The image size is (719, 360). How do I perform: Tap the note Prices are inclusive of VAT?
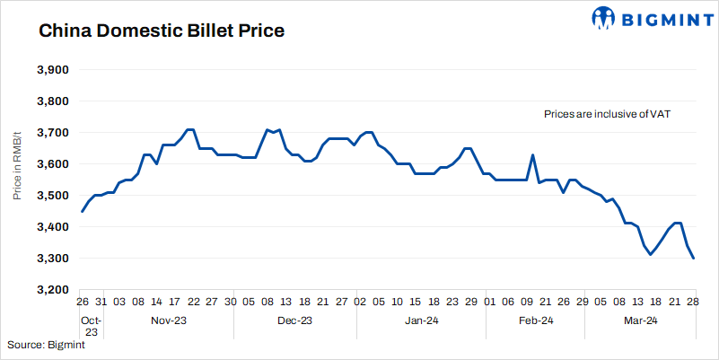[608, 115]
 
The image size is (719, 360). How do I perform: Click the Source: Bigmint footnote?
[46, 345]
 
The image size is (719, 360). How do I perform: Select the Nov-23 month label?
[169, 320]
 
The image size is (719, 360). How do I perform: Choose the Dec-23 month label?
[294, 320]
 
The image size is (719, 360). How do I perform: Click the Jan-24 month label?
[421, 320]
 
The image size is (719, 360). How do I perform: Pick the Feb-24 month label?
[535, 320]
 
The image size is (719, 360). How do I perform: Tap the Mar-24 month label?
[641, 320]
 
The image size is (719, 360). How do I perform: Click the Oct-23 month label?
[92, 326]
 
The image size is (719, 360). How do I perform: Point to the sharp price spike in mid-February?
[533, 155]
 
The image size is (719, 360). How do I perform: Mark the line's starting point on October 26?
[82, 211]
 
